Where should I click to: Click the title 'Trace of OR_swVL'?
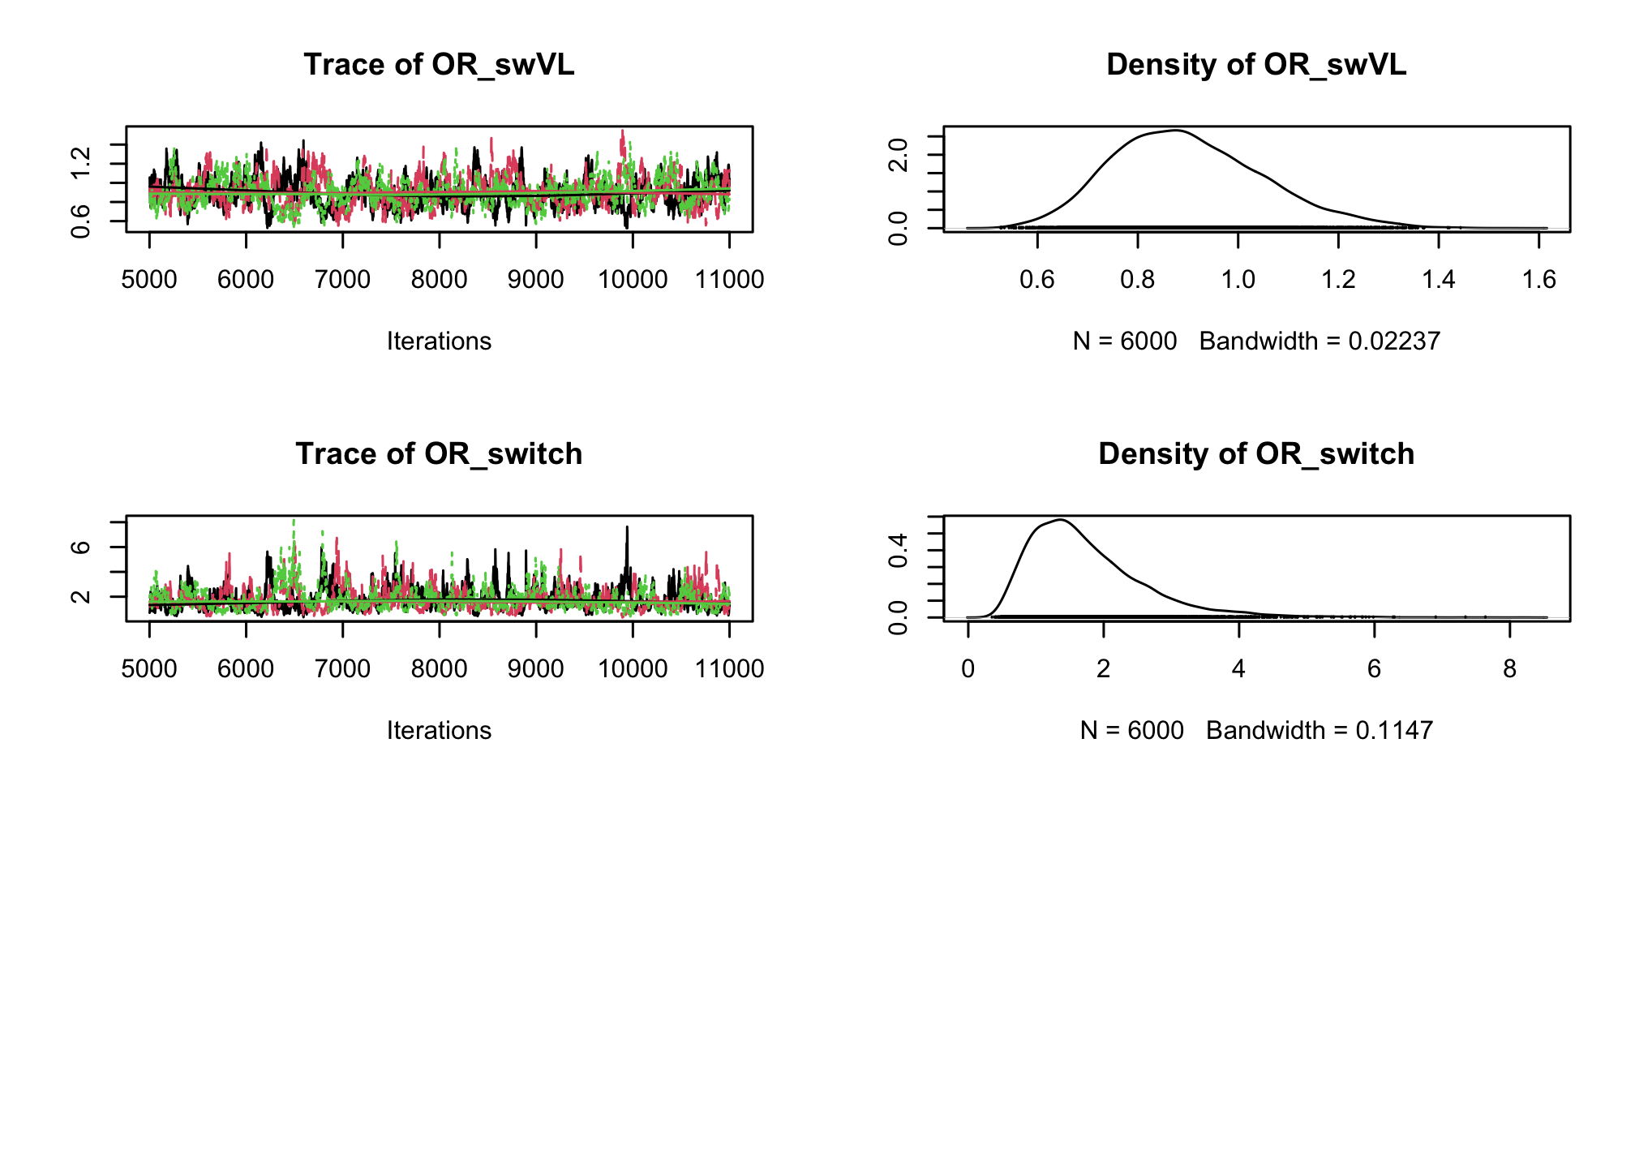point(439,65)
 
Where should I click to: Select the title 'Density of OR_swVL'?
point(1255,65)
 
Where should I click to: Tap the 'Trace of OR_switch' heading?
point(439,454)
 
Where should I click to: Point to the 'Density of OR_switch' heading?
point(1255,454)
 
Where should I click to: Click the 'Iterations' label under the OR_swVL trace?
point(439,341)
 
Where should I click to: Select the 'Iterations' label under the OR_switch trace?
point(439,731)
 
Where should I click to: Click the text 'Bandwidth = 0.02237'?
point(1320,341)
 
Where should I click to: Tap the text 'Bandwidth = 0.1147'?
point(1320,731)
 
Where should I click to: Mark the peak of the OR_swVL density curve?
point(1174,131)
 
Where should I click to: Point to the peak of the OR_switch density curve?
point(1060,520)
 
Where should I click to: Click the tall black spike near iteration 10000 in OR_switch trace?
point(627,529)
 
